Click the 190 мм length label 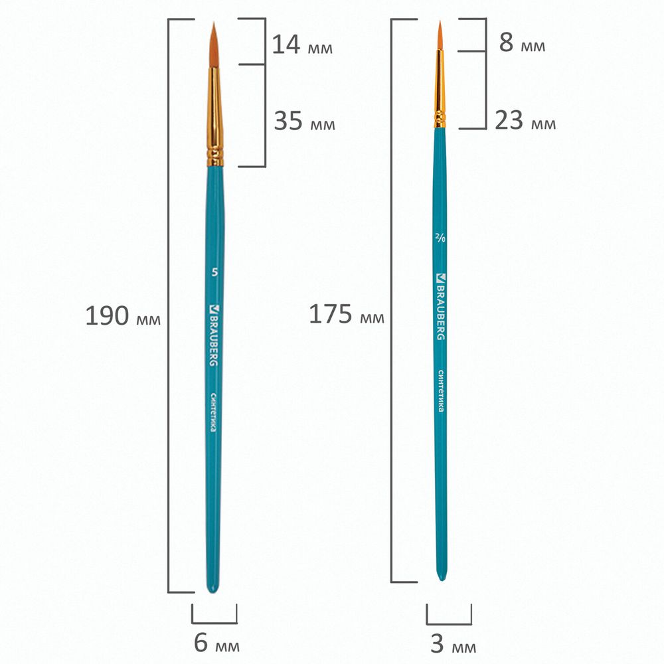point(123,316)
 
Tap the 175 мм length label point(347,314)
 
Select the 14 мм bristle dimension point(302,44)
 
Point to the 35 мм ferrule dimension point(305,121)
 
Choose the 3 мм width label point(453,643)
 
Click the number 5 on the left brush point(214,272)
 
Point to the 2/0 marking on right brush point(440,238)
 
